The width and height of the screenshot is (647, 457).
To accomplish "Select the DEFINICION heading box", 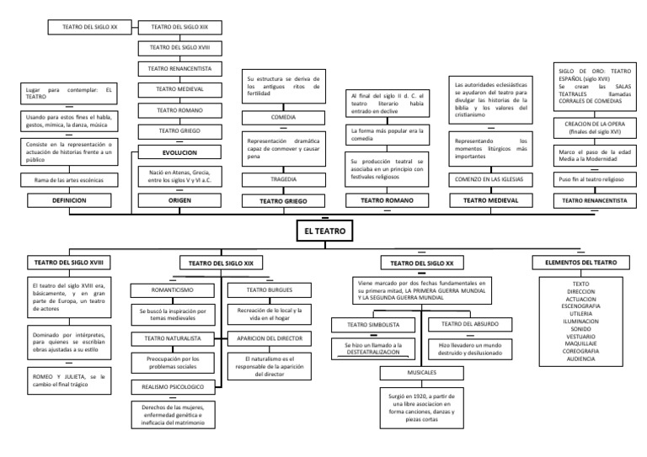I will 72,200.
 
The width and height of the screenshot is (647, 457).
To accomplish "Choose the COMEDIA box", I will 283,117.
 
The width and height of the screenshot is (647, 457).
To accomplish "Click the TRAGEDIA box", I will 283,179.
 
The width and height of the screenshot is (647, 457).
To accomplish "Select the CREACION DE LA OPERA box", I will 593,126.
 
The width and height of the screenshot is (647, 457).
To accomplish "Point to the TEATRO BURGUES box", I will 260,290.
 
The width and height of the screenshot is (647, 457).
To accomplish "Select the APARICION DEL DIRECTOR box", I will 260,338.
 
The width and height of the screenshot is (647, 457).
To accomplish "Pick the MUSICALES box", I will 422,371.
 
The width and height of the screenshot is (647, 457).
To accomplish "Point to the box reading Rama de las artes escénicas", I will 72,180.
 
